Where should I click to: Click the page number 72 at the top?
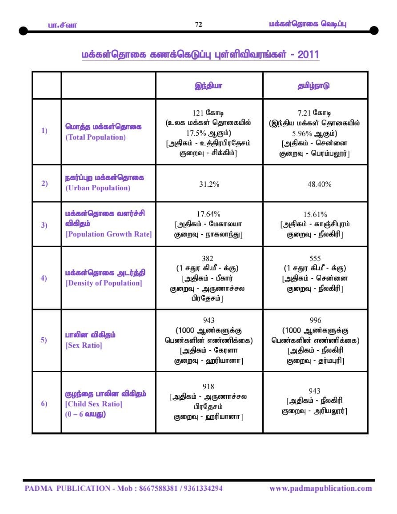(x=198, y=24)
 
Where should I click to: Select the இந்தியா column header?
(x=209, y=85)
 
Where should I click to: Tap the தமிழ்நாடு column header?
(x=315, y=85)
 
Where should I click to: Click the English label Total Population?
(x=96, y=137)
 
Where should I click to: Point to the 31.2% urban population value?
(x=209, y=184)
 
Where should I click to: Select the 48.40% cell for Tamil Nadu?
(x=315, y=184)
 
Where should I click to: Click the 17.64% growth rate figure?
(x=209, y=214)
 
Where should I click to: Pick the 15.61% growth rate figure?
(x=315, y=214)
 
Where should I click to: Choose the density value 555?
(x=315, y=258)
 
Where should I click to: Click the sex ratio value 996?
(x=315, y=320)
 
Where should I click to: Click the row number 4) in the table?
(x=44, y=278)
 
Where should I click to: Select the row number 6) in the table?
(x=44, y=404)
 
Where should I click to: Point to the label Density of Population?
(x=104, y=283)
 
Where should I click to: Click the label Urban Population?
(x=98, y=188)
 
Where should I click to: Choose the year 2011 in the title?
(x=308, y=55)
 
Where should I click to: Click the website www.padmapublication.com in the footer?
(x=321, y=488)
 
